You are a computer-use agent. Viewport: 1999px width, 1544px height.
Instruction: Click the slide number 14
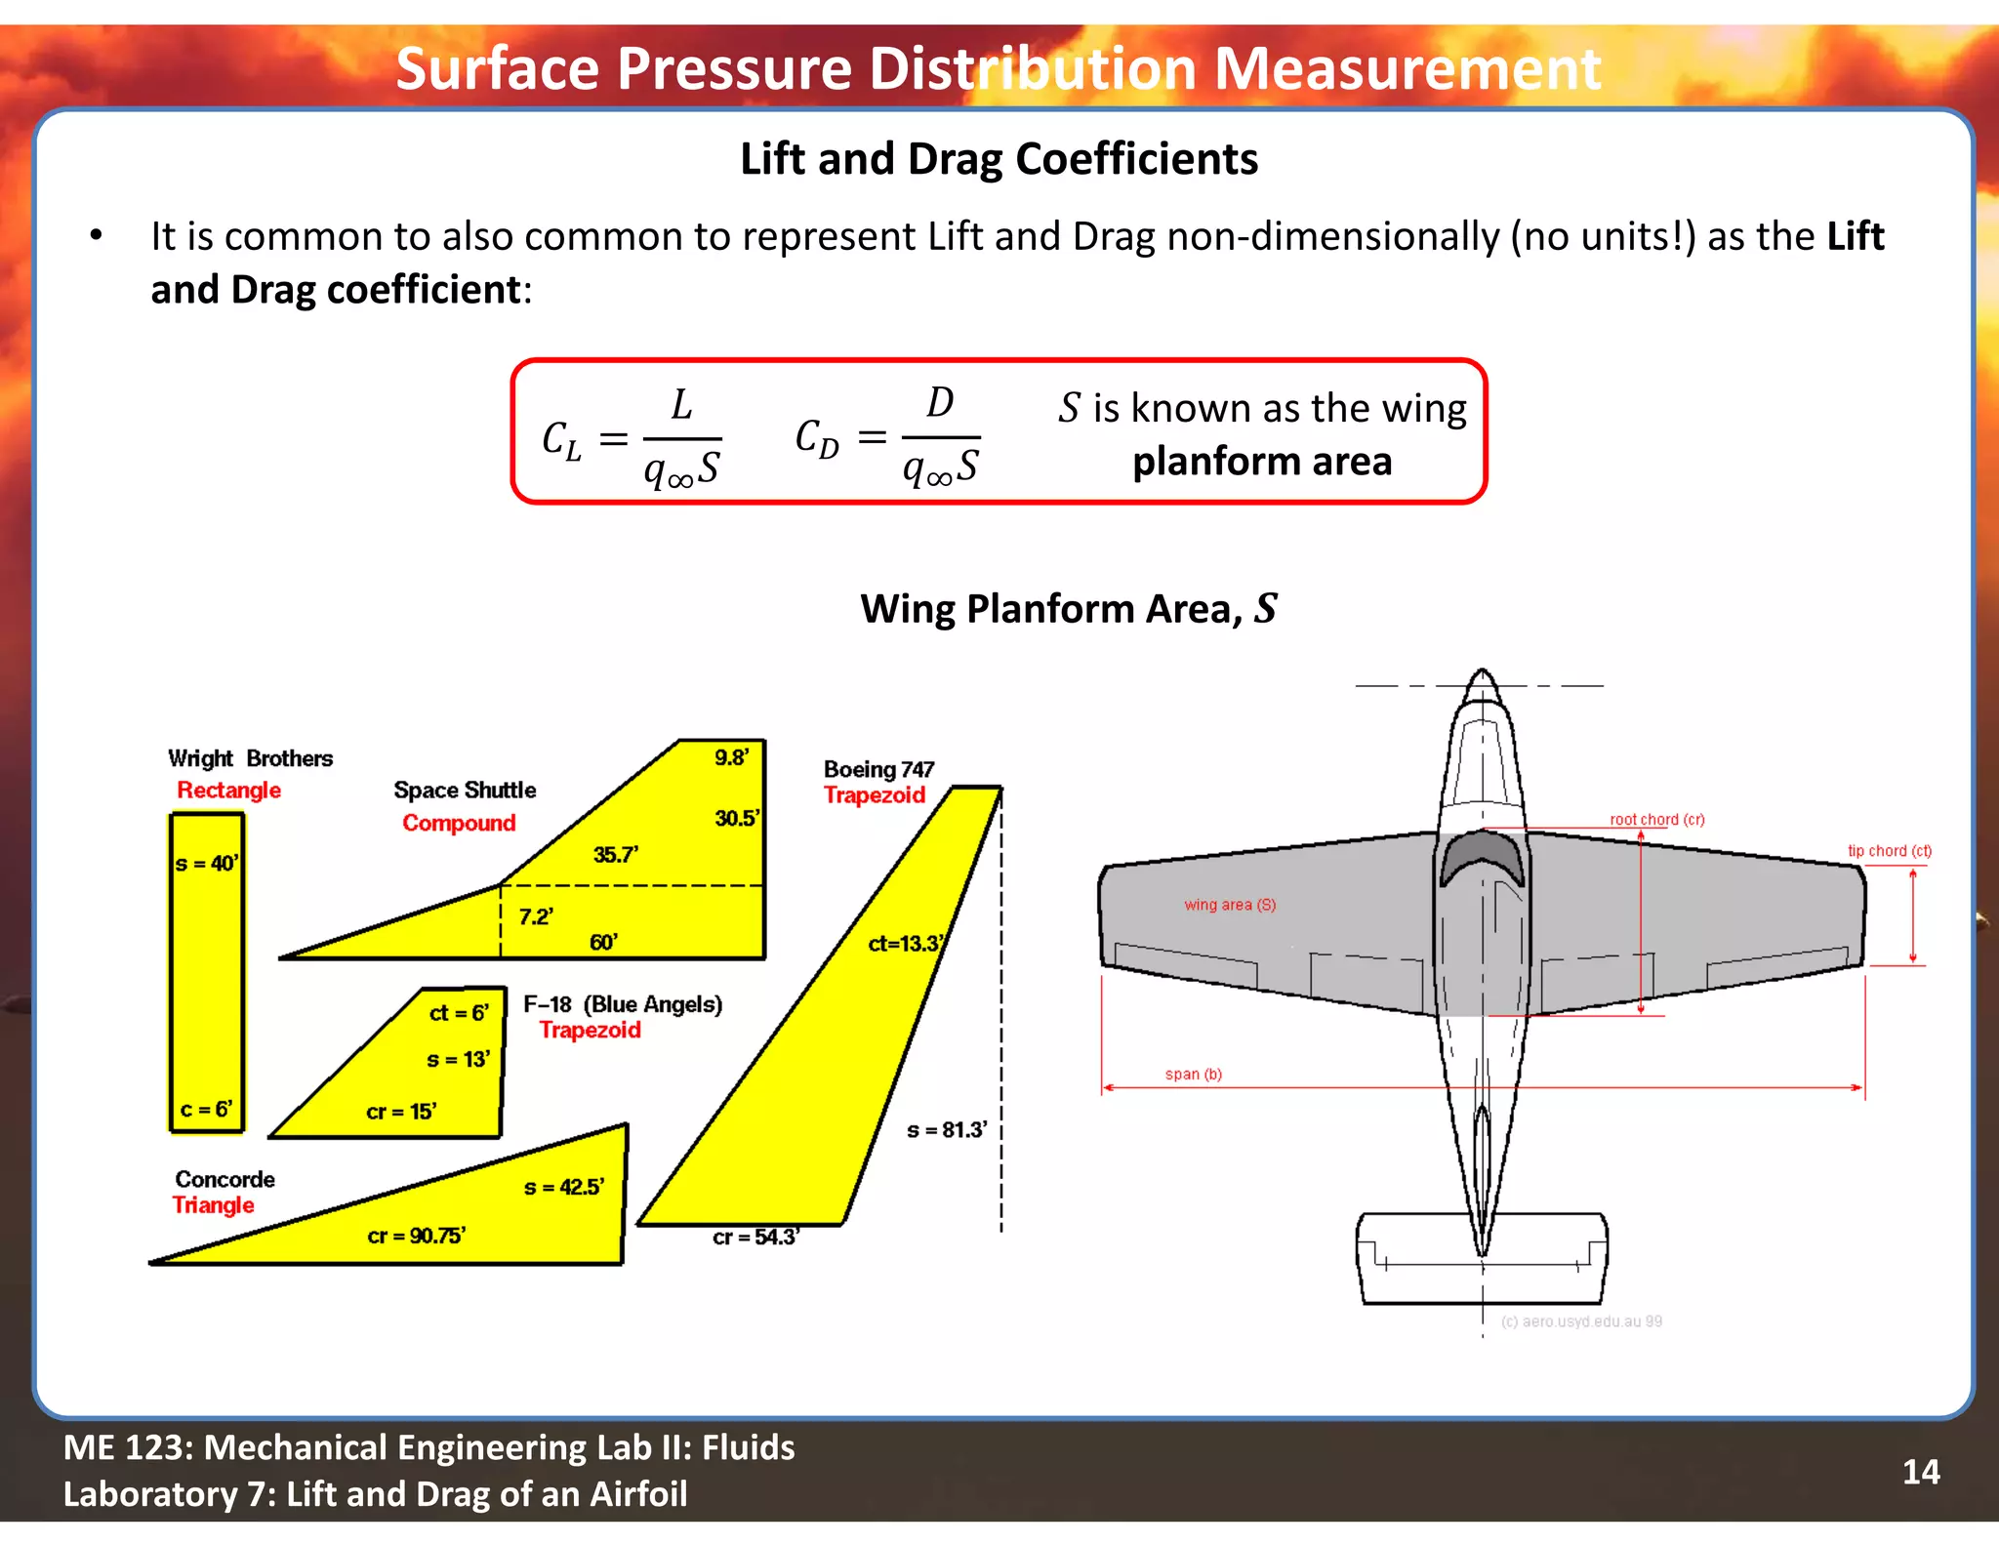[1920, 1471]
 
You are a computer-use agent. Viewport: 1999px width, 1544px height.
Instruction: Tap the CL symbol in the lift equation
[561, 440]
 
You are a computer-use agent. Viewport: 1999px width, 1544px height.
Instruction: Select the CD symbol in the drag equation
[817, 438]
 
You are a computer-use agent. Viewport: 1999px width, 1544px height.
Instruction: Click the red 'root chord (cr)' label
[1656, 820]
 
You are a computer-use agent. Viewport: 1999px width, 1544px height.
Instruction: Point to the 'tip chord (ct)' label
[1889, 851]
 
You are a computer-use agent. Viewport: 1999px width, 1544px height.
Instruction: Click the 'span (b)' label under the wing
[1193, 1075]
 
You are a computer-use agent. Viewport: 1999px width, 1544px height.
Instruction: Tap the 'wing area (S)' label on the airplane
[1229, 905]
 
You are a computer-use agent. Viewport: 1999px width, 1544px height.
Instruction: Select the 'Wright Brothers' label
[250, 758]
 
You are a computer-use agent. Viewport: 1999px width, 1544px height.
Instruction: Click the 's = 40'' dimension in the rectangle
[206, 864]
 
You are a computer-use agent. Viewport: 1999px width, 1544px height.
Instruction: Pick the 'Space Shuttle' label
[465, 790]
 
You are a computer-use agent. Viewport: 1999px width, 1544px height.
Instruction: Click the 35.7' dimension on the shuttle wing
[616, 855]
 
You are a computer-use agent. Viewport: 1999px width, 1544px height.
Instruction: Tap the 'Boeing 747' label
[878, 769]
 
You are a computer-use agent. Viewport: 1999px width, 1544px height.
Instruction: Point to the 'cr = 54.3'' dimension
[755, 1238]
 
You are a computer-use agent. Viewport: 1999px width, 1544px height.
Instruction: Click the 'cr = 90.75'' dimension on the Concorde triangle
[416, 1236]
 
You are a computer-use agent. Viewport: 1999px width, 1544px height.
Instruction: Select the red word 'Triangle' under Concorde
[213, 1205]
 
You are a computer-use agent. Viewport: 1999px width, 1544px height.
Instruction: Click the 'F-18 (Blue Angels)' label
[623, 1004]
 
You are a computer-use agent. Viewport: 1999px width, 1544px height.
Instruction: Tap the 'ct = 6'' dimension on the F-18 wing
[459, 1013]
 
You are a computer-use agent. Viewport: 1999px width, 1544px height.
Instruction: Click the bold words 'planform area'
[1261, 462]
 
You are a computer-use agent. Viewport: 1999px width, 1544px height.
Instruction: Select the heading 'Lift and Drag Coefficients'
[999, 159]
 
